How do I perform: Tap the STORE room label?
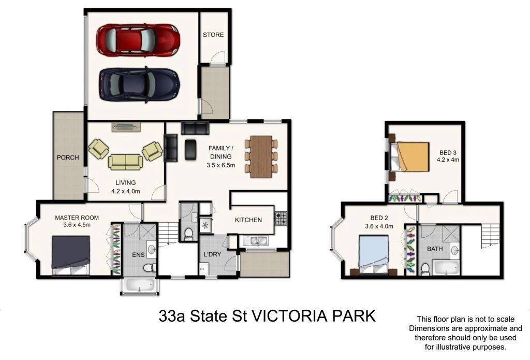point(213,35)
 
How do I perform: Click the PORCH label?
point(68,157)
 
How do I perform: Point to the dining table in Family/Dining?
point(261,156)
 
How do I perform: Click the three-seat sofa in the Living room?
point(125,162)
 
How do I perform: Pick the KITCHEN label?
point(248,220)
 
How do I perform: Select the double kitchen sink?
point(254,240)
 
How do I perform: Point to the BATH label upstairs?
point(435,249)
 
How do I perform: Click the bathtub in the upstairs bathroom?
point(445,268)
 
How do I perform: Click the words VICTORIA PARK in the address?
point(313,316)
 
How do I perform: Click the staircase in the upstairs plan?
point(490,236)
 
